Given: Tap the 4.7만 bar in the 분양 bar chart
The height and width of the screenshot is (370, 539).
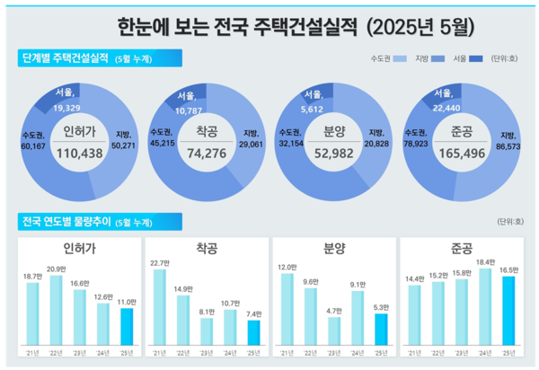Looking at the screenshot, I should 334,331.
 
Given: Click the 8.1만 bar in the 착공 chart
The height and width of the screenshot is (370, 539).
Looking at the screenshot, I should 207,331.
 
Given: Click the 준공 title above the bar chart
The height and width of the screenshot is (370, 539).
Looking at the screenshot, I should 461,244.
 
